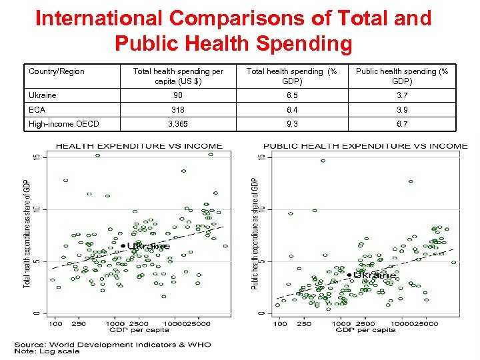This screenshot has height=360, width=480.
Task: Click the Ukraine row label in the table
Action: (43, 95)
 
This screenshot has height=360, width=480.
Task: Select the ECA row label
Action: (37, 109)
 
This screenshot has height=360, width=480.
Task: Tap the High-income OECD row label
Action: (64, 123)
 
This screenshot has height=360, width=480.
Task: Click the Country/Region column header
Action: (57, 71)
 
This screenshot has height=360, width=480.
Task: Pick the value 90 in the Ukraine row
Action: (178, 95)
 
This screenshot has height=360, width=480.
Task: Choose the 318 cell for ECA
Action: (178, 109)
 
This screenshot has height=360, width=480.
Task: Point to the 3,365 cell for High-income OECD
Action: (178, 123)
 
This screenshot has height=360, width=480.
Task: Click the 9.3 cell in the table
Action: (291, 123)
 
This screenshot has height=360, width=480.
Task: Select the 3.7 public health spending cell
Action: (402, 95)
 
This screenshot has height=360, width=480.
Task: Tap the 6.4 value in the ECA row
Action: (291, 109)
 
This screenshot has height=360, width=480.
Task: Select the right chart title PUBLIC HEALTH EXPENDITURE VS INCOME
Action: (365, 146)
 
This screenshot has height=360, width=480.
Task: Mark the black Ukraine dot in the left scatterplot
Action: (123, 246)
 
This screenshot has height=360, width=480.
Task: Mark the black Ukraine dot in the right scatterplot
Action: (349, 274)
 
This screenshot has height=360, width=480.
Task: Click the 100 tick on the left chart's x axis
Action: (55, 324)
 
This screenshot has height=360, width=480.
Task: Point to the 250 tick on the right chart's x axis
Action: (304, 324)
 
